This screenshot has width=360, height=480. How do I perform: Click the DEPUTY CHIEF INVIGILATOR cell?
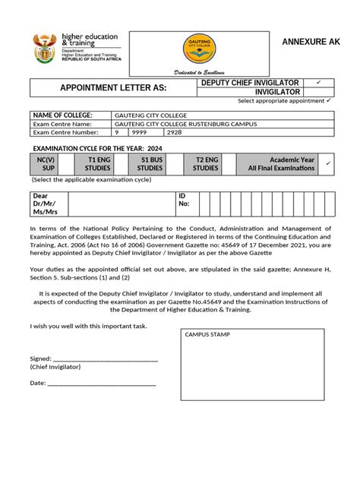click(x=249, y=82)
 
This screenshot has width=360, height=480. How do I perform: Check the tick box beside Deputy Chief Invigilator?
click(x=318, y=82)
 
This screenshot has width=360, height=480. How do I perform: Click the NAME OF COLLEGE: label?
click(x=62, y=115)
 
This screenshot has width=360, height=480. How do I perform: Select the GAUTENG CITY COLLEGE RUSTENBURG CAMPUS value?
click(x=185, y=124)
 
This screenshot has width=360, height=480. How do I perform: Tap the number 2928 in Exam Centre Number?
click(x=175, y=132)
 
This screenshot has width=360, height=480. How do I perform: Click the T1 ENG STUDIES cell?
click(x=98, y=164)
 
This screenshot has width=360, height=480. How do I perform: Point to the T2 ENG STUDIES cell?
click(x=205, y=164)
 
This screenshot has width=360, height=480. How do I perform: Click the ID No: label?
click(x=184, y=200)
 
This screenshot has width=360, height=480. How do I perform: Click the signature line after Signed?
click(x=105, y=358)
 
